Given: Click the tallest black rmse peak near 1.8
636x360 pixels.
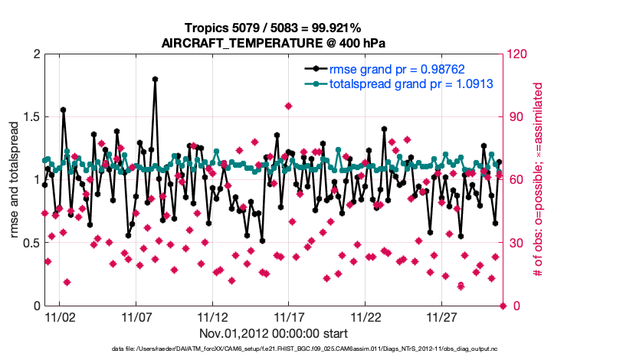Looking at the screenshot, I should tap(155, 79).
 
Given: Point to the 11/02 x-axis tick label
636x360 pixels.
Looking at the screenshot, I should tap(59, 316).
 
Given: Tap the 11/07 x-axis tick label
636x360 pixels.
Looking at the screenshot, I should tap(136, 316).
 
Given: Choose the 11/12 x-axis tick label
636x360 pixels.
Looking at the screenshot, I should tap(212, 316).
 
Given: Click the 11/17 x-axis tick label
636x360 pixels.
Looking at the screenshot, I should tap(288, 316).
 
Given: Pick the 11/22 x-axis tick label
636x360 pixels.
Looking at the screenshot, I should tap(365, 316).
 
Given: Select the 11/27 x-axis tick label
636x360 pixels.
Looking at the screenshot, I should tap(441, 316).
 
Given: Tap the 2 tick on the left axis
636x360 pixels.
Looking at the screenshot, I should tap(35, 54).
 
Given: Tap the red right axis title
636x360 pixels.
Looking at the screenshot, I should tap(538, 180).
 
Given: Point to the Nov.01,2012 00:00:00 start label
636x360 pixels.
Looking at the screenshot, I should tap(274, 333).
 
